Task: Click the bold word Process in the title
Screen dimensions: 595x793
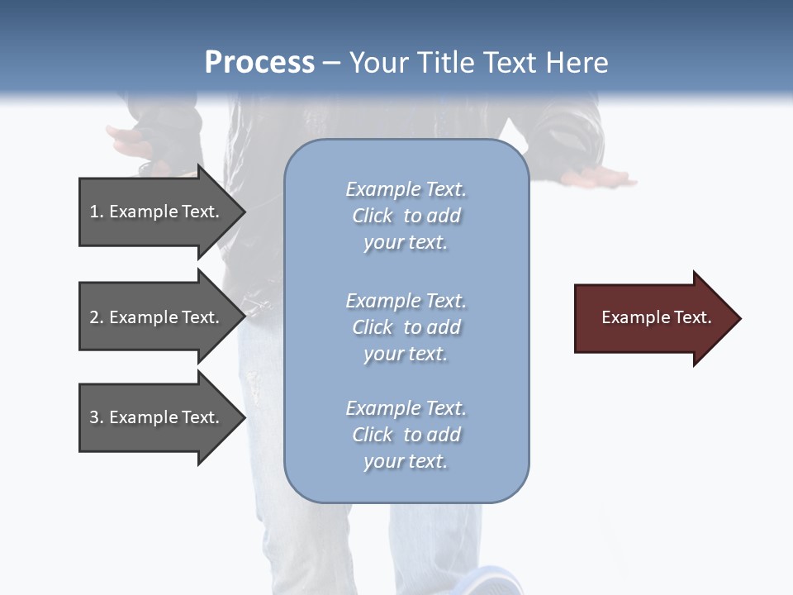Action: click(x=259, y=63)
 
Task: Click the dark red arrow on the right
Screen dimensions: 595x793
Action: click(x=653, y=318)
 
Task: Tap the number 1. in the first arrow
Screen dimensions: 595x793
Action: click(x=97, y=212)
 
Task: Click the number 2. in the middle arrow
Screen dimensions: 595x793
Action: click(x=97, y=317)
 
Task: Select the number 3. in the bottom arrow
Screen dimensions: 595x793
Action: click(x=97, y=417)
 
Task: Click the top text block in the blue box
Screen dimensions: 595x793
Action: click(x=406, y=216)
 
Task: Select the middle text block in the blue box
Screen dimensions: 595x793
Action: click(x=406, y=327)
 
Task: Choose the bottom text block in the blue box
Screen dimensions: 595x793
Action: click(x=406, y=435)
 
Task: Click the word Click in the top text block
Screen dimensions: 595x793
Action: click(x=373, y=216)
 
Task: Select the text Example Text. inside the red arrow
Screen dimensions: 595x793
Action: click(x=656, y=317)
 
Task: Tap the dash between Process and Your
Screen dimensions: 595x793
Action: click(x=331, y=63)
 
